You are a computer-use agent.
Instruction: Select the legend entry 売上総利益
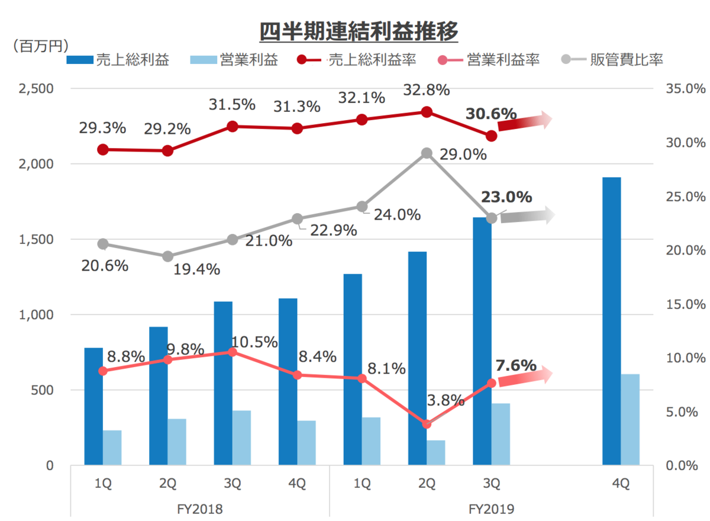click(118, 60)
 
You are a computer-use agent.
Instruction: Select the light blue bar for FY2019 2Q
click(436, 452)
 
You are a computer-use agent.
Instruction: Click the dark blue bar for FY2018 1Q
click(93, 406)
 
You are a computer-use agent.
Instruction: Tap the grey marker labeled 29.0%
click(427, 153)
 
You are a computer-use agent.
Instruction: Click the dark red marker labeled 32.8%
click(427, 112)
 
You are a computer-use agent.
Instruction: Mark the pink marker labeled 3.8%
click(427, 424)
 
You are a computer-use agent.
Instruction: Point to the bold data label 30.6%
click(491, 114)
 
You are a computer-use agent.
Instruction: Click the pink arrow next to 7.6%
click(525, 377)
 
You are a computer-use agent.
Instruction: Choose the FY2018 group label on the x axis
click(200, 509)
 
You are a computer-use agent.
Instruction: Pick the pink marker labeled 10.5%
click(233, 352)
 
